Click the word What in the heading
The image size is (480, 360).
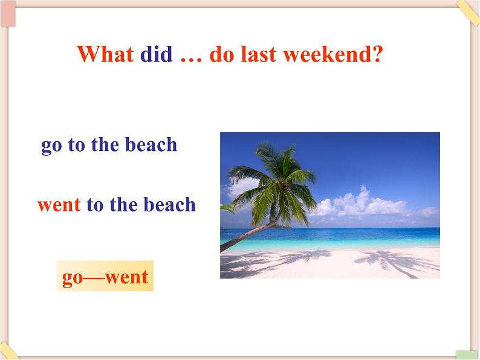pyautogui.click(x=105, y=54)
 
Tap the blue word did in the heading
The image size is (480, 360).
pyautogui.click(x=156, y=54)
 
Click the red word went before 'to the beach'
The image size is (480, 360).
pyautogui.click(x=59, y=205)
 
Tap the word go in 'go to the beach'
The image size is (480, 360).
pyautogui.click(x=51, y=146)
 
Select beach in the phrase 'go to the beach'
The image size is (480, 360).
pyautogui.click(x=151, y=144)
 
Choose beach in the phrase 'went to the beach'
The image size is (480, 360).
pyautogui.click(x=170, y=204)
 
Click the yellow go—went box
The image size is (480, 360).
pyautogui.click(x=105, y=275)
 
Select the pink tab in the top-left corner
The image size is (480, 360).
pyautogui.click(x=8, y=14)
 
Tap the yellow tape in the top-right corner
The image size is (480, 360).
pyautogui.click(x=468, y=11)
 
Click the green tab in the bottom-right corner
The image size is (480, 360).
pyautogui.click(x=467, y=355)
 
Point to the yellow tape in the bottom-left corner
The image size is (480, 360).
pyautogui.click(x=8, y=351)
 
